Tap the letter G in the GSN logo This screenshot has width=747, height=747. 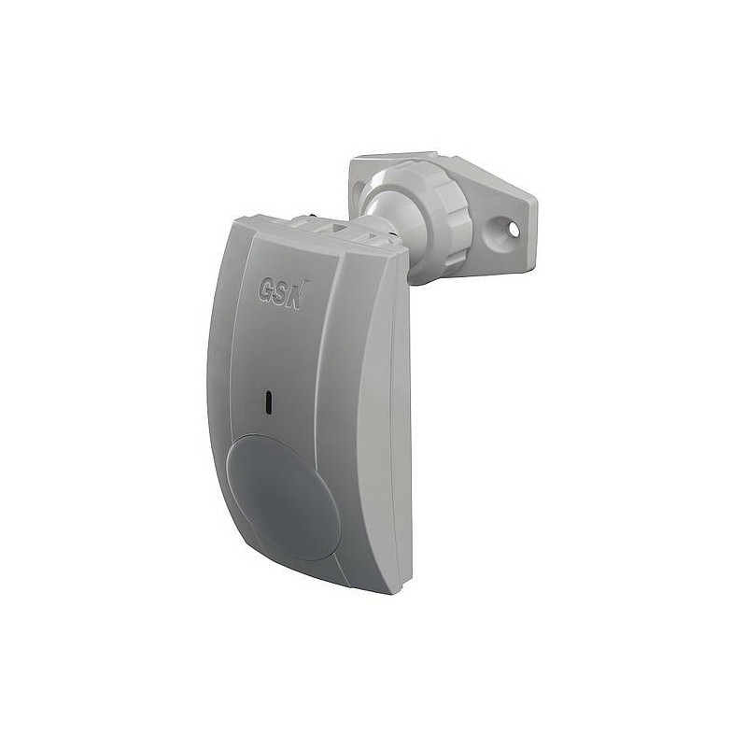tap(266, 290)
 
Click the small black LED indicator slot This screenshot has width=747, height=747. tap(268, 402)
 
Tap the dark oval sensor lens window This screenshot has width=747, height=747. tap(284, 497)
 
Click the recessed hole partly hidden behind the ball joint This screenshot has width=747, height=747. tap(357, 190)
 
